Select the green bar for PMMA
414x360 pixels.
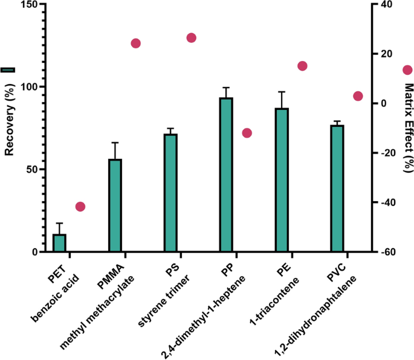[x=115, y=205]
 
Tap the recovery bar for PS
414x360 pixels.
[x=171, y=193]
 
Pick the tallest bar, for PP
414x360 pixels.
[x=226, y=175]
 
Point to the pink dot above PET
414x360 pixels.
[x=80, y=207]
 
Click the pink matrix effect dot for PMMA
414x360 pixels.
[x=136, y=43]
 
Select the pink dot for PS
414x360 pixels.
[x=192, y=38]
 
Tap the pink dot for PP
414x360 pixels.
[x=247, y=133]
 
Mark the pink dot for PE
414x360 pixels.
[x=303, y=66]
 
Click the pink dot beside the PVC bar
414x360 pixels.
[x=358, y=96]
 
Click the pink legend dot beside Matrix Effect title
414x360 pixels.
[x=407, y=71]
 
